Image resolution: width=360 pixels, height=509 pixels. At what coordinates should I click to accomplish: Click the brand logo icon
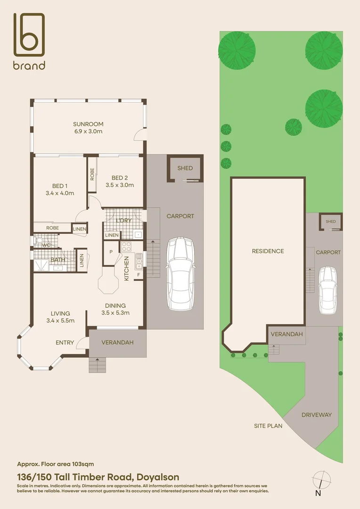pos(29,35)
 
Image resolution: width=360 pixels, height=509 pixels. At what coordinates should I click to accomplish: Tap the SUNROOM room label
pos(88,124)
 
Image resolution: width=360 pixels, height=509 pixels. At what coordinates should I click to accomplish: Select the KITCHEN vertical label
pos(126,269)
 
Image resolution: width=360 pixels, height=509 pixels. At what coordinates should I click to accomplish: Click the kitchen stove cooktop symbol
pos(127,246)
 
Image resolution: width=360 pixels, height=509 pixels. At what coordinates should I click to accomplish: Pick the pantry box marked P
pos(111,252)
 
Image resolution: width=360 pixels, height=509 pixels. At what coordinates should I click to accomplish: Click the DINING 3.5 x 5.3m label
pos(115,309)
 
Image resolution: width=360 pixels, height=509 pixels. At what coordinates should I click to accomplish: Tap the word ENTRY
pos(65,343)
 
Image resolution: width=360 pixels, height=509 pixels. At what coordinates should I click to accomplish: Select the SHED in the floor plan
pos(185,168)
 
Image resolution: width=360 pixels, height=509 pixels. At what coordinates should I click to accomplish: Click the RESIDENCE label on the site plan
pos(268,251)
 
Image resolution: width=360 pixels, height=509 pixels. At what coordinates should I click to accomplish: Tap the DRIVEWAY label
pos(317,415)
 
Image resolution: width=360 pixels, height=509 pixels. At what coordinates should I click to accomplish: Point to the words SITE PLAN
pos(268,426)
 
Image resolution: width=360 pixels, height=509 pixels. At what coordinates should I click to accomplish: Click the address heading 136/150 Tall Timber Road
pos(98,477)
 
